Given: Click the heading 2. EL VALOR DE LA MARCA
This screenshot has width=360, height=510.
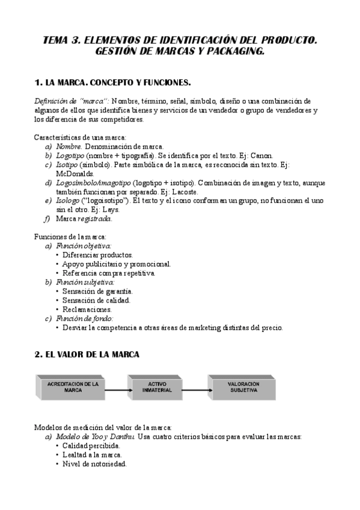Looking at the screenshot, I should coord(87,355).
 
